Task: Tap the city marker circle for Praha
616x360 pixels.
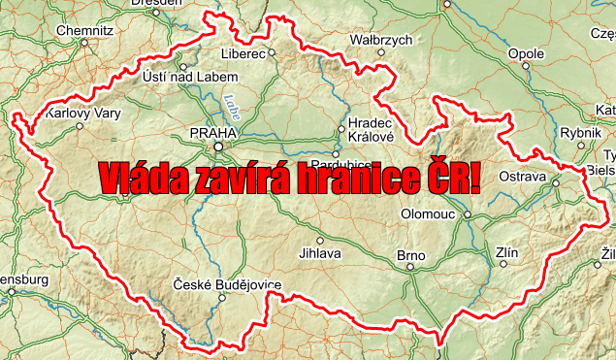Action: click(x=219, y=147)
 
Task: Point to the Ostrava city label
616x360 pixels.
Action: click(x=523, y=177)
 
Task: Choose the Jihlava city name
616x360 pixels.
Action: click(x=320, y=254)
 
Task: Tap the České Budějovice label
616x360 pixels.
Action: click(x=227, y=283)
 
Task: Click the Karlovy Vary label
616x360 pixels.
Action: click(x=83, y=115)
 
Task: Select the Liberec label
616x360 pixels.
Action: click(x=243, y=53)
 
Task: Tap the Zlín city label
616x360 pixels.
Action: click(x=506, y=254)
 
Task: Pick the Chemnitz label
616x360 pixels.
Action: click(x=85, y=30)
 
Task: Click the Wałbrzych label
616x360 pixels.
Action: click(x=381, y=40)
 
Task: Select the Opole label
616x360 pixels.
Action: click(x=527, y=53)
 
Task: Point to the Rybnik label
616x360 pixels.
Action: click(x=581, y=133)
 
